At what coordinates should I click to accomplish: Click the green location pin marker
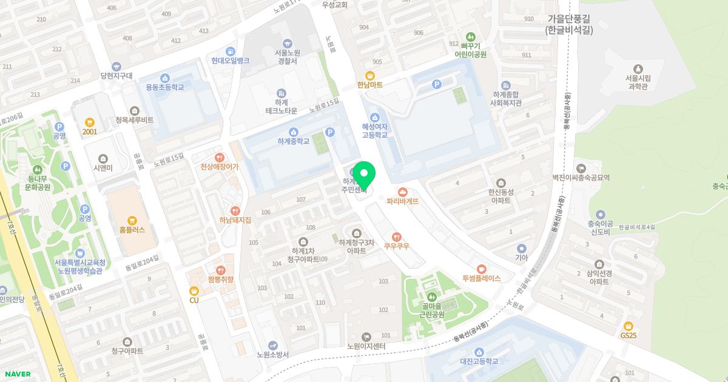[x=363, y=176]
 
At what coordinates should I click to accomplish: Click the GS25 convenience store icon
[x=629, y=326]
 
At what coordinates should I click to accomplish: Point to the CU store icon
[x=194, y=290]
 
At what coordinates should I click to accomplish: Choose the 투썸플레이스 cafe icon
[x=481, y=269]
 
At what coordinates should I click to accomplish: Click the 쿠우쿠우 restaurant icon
[x=397, y=236]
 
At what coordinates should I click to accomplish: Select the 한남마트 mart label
[x=370, y=85]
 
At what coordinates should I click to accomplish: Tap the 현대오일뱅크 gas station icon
[x=231, y=51]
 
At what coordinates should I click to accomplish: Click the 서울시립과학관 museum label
[x=637, y=82]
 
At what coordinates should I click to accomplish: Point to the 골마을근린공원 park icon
[x=432, y=297]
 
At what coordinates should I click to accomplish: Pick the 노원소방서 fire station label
[x=272, y=355]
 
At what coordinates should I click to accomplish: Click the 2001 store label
[x=90, y=132]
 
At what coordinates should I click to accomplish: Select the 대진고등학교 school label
[x=479, y=361]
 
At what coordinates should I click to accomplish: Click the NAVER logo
[x=16, y=374]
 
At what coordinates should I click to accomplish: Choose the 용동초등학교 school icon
[x=165, y=78]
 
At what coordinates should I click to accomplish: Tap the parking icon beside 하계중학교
[x=330, y=132]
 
